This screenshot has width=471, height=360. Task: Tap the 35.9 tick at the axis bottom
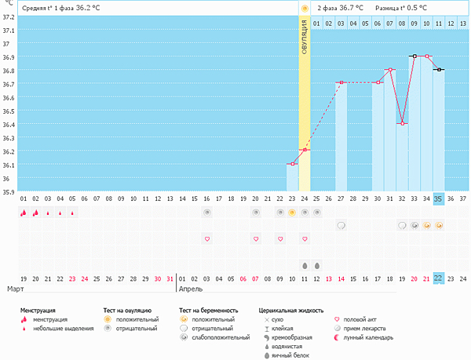click(x=7, y=191)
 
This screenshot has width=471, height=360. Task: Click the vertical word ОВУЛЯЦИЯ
click(x=304, y=38)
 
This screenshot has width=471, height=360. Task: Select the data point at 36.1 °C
click(x=292, y=164)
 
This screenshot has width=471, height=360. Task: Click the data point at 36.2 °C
click(x=305, y=150)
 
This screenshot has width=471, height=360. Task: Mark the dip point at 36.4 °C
click(x=403, y=123)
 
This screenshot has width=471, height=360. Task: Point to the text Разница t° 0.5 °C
click(x=401, y=8)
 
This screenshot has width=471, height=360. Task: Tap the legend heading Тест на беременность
click(x=208, y=311)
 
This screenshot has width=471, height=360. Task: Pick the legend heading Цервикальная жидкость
click(x=291, y=311)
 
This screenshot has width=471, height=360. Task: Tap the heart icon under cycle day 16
click(x=207, y=238)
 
